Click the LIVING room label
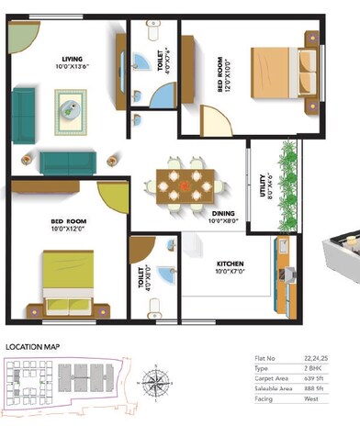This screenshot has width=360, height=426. pos(67,58)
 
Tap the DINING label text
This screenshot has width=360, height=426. pos(223,214)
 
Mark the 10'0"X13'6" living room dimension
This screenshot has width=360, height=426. pos(67,66)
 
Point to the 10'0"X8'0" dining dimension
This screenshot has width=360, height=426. pos(223,221)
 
